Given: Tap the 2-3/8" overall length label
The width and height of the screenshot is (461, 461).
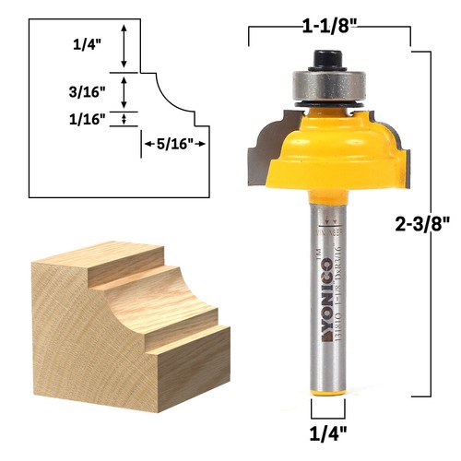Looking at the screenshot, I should [419, 224].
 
